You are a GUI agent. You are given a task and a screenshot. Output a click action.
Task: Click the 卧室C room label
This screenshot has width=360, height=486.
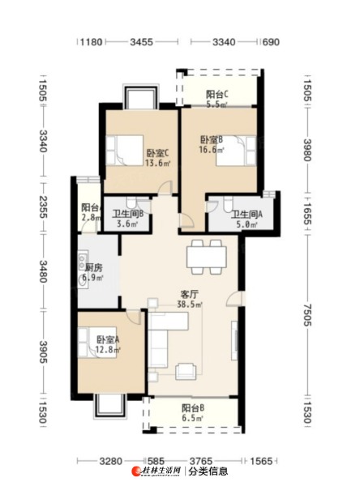tap(157, 153)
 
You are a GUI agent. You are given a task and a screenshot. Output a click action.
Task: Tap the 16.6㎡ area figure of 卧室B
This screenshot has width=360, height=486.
tap(212, 150)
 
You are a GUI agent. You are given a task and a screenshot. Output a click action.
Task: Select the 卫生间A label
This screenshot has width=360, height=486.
tap(246, 214)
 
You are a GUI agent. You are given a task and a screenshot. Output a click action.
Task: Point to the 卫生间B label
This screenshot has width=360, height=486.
tap(127, 214)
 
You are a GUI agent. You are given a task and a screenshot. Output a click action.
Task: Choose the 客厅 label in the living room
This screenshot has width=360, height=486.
tap(190, 295)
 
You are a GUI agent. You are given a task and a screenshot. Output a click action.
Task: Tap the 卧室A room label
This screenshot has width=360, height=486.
tap(108, 340)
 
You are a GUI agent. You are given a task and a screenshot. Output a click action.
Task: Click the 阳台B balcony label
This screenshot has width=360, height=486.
tap(193, 408)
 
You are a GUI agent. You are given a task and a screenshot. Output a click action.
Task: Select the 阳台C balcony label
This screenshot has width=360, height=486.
tap(217, 94)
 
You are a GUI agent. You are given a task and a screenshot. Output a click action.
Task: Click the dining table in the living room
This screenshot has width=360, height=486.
tap(207, 257)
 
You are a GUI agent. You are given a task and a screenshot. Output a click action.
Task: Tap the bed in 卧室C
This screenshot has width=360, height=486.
tap(124, 151)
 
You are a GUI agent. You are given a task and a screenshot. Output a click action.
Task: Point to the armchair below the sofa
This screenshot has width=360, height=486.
tap(186, 371)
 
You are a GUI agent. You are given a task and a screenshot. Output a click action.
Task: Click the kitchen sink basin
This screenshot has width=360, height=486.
tap(83, 281)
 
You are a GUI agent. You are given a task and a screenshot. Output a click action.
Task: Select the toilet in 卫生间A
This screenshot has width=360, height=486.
tap(228, 203)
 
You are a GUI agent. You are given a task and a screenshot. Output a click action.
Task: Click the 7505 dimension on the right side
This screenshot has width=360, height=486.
tap(307, 315)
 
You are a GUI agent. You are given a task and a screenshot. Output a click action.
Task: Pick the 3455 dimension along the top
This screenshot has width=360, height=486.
tap(142, 42)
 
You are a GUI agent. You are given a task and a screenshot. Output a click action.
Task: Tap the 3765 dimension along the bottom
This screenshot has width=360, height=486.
tap(201, 461)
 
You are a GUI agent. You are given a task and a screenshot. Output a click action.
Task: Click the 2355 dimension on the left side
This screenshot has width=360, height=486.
tap(43, 207)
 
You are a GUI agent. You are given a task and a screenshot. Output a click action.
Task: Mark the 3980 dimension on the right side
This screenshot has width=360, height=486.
tap(307, 150)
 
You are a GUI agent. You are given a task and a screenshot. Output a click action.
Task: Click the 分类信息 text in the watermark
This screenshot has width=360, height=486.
tap(208, 471)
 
